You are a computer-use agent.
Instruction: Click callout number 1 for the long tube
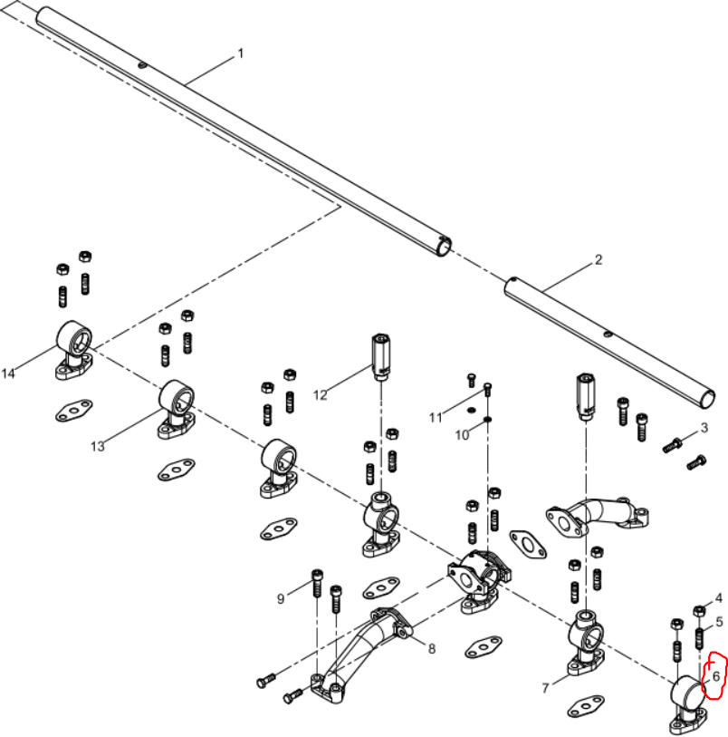pyautogui.click(x=241, y=53)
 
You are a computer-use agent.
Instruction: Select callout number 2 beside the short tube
pyautogui.click(x=598, y=259)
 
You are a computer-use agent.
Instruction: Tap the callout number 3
pyautogui.click(x=704, y=428)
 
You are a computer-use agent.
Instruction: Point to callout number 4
pyautogui.click(x=719, y=598)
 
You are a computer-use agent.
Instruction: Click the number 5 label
pyautogui.click(x=720, y=622)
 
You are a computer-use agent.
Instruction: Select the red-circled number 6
pyautogui.click(x=716, y=676)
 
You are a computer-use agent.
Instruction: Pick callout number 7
pyautogui.click(x=545, y=688)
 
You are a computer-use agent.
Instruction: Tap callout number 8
pyautogui.click(x=432, y=649)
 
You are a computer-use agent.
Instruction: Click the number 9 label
pyautogui.click(x=281, y=599)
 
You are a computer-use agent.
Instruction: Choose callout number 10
pyautogui.click(x=462, y=435)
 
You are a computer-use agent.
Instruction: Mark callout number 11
pyautogui.click(x=436, y=417)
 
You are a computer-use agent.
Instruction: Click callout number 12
pyautogui.click(x=321, y=395)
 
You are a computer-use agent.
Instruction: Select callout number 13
pyautogui.click(x=98, y=446)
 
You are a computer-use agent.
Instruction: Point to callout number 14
pyautogui.click(x=8, y=373)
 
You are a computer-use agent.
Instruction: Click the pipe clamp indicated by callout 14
pyautogui.click(x=74, y=350)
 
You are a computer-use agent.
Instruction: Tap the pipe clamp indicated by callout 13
pyautogui.click(x=176, y=410)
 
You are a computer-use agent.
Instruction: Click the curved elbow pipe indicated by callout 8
pyautogui.click(x=361, y=654)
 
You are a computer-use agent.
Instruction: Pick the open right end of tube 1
pyautogui.click(x=444, y=247)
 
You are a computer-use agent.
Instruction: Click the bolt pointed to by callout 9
pyautogui.click(x=317, y=583)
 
